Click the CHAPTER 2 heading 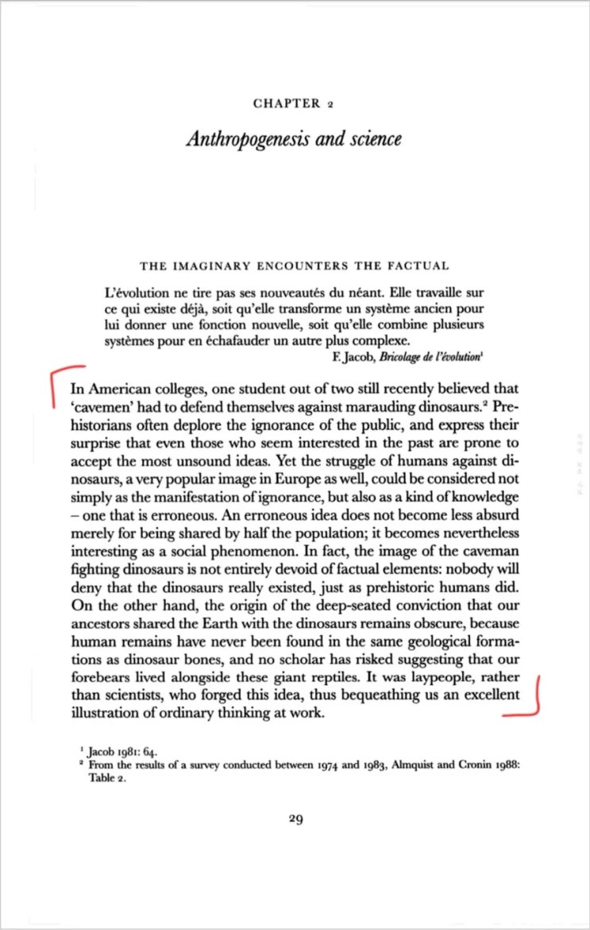(294, 104)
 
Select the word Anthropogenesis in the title (241, 139)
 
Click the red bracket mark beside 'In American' (62, 389)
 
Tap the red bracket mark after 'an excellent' (531, 696)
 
